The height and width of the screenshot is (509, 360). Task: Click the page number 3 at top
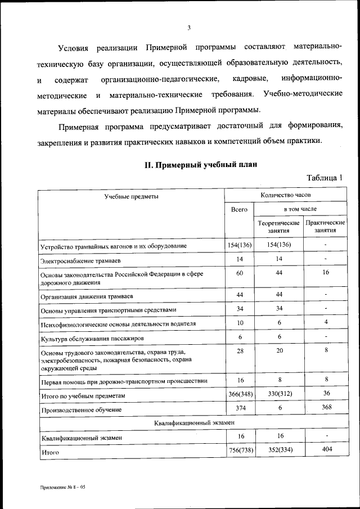(x=190, y=28)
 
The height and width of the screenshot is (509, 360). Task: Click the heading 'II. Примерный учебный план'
(x=200, y=165)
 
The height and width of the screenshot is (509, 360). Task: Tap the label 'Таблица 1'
(x=325, y=178)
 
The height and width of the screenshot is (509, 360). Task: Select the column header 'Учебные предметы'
(x=130, y=196)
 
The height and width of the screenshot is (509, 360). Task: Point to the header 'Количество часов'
(x=285, y=195)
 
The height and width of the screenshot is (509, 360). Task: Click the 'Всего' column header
(x=240, y=209)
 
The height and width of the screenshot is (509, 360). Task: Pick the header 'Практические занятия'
(x=325, y=226)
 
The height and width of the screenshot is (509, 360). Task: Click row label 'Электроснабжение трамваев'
(x=80, y=261)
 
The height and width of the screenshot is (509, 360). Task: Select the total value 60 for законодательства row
(x=240, y=272)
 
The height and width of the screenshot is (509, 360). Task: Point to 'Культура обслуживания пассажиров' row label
(x=92, y=339)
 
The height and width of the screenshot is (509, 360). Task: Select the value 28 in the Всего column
(x=240, y=350)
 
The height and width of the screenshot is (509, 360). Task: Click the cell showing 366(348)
(x=240, y=395)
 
